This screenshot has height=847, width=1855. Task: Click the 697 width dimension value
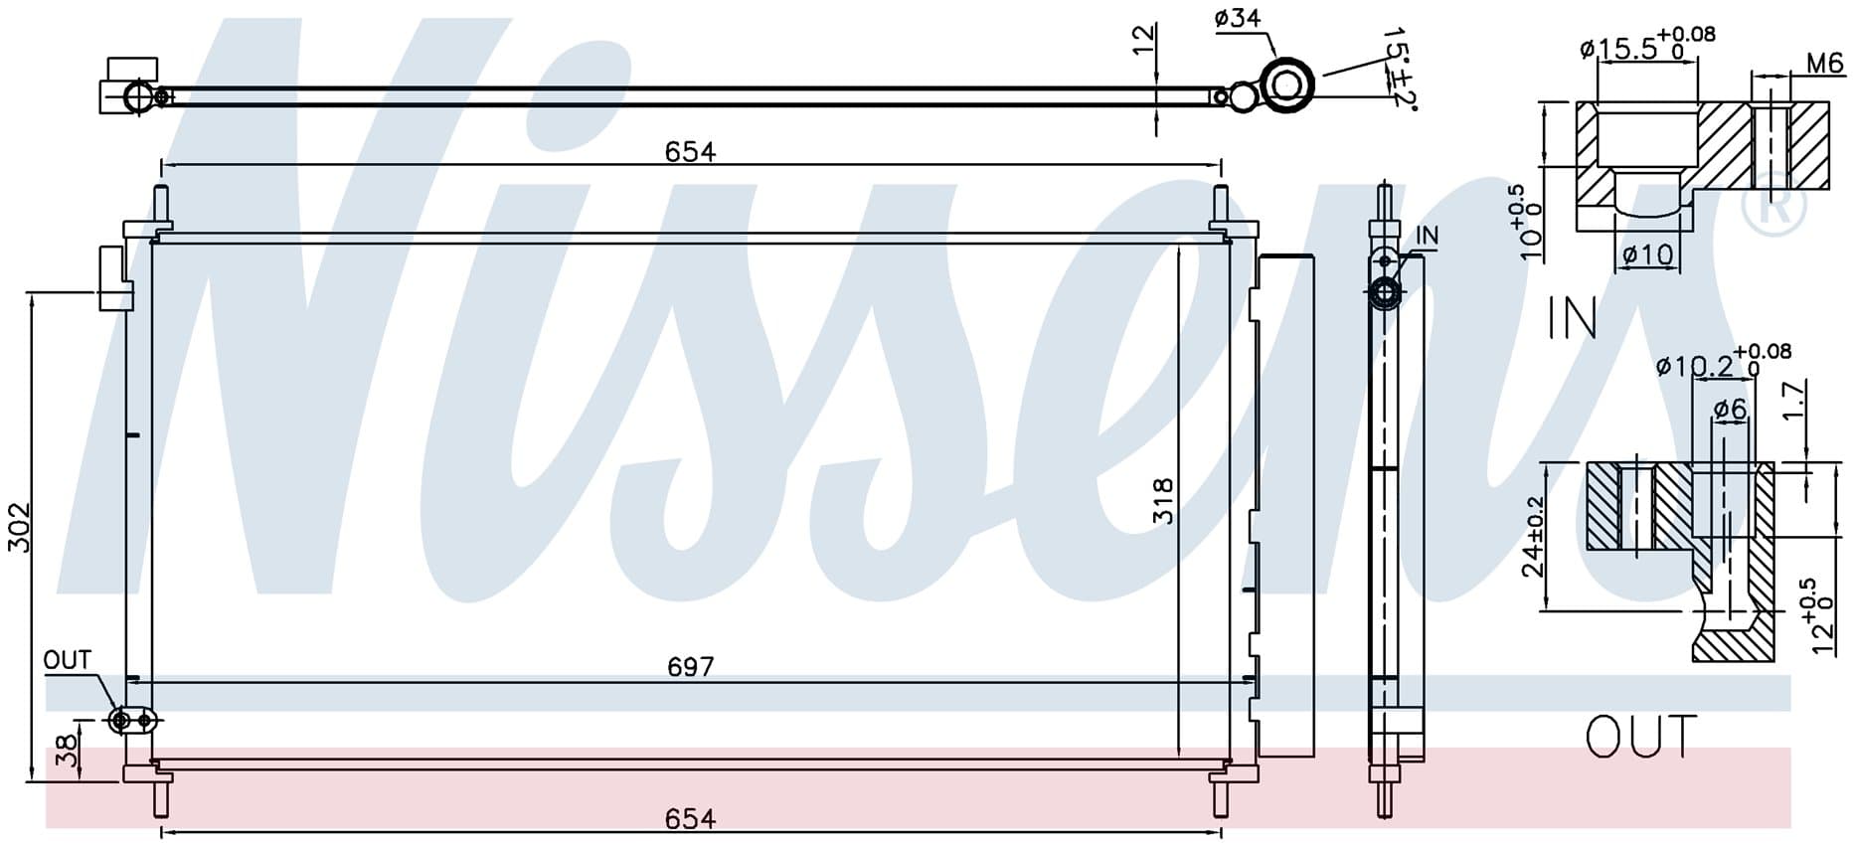pos(690,666)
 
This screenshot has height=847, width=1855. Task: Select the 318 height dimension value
pos(1162,501)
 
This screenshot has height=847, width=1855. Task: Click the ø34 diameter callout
pos(1237,19)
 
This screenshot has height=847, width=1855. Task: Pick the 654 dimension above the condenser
pos(690,151)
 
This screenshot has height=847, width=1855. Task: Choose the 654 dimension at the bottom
pos(690,818)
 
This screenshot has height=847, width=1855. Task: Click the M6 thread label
pos(1824,64)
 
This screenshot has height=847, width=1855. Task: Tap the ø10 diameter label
pos(1648,255)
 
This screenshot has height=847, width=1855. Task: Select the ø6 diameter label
pos(1729,409)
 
